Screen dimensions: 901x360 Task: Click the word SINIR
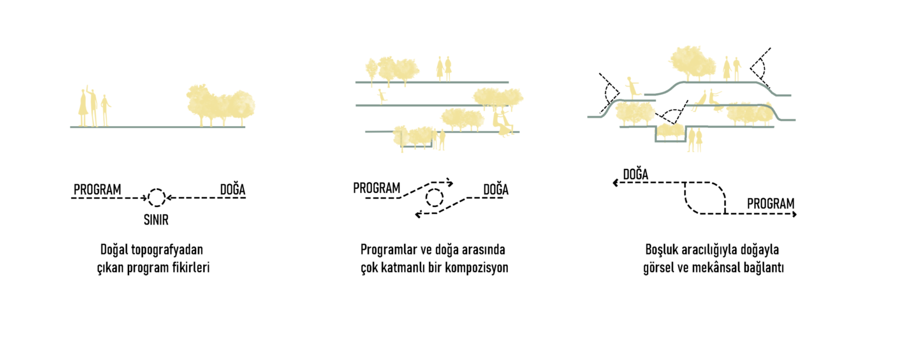pyautogui.click(x=156, y=220)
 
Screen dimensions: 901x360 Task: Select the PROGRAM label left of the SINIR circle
pyautogui.click(x=97, y=189)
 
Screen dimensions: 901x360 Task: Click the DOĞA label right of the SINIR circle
pyautogui.click(x=232, y=188)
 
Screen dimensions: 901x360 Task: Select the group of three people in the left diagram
pyautogui.click(x=94, y=107)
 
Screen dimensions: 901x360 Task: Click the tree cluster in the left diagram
pyautogui.click(x=221, y=106)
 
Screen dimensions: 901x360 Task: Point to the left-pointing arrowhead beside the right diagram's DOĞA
pyautogui.click(x=615, y=183)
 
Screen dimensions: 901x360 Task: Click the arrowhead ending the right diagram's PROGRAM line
pyautogui.click(x=794, y=215)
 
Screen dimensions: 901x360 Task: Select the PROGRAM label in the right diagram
pyautogui.click(x=771, y=203)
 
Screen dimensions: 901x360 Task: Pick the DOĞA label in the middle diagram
pyautogui.click(x=496, y=188)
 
